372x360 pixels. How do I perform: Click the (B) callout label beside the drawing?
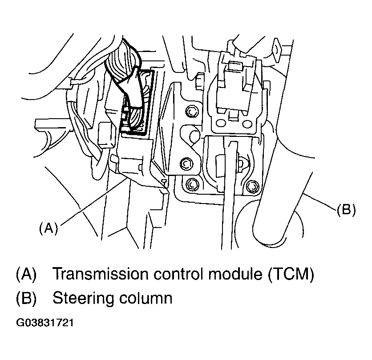345,210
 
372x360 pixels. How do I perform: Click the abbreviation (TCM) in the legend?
292,274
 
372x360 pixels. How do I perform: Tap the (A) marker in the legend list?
26,274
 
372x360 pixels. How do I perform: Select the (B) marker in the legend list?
26,297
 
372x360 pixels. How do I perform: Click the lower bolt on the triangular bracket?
186,164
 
